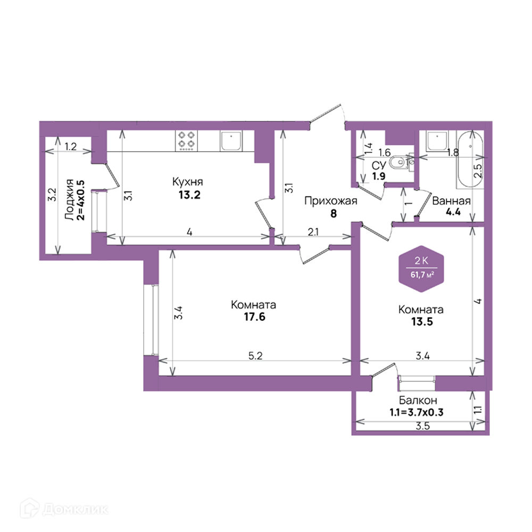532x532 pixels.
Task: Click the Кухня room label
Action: click(188, 182)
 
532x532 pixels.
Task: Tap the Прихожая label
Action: click(331, 201)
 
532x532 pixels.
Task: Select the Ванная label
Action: click(451, 201)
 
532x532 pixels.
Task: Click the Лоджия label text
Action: click(69, 199)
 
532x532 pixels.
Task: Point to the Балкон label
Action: click(418, 401)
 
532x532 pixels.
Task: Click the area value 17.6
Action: click(254, 317)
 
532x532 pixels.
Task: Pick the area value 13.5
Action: click(422, 322)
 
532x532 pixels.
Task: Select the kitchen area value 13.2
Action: click(189, 195)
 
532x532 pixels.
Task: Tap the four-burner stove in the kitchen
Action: click(186, 141)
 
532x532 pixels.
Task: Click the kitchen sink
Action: click(231, 141)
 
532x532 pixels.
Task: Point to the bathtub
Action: click(470, 160)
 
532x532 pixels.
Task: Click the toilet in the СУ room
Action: click(398, 162)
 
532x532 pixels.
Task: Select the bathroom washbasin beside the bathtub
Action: click(437, 141)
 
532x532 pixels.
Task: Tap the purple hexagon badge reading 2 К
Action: click(421, 269)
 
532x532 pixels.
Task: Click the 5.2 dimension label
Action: click(255, 355)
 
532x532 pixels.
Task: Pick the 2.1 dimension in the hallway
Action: click(313, 232)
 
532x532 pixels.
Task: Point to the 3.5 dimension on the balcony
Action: click(423, 426)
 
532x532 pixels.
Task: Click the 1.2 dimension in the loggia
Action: click(71, 147)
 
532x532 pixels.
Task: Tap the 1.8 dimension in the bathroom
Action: click(453, 152)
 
